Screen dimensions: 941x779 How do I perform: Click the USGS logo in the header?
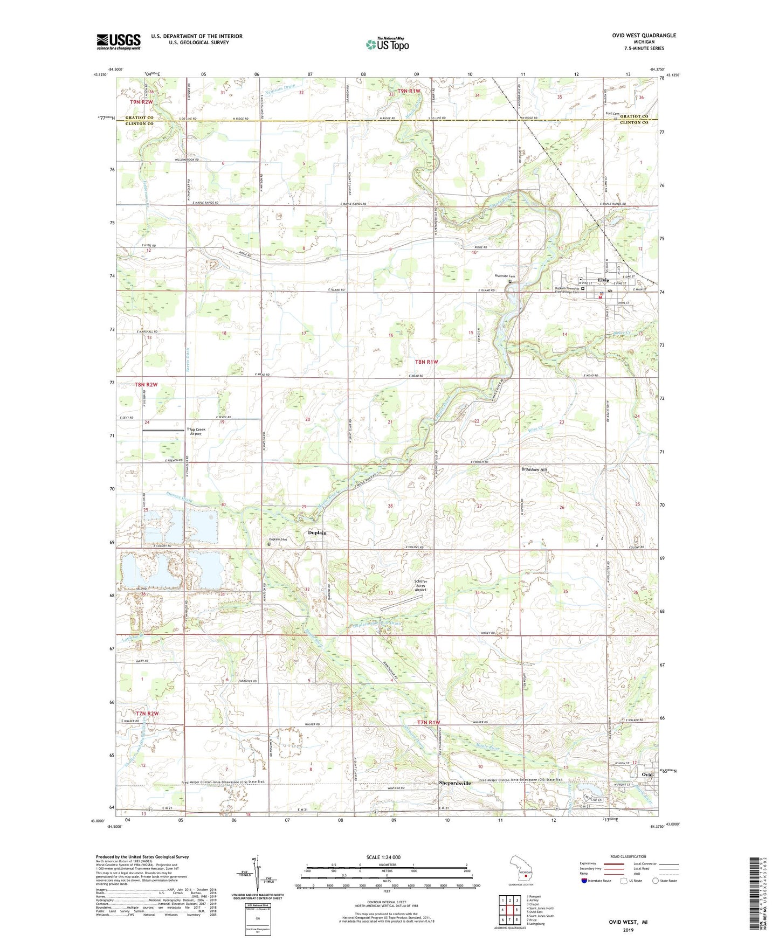(x=119, y=41)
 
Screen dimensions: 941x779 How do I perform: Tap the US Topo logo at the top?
(x=387, y=44)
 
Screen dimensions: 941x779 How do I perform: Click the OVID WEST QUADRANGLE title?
(x=644, y=36)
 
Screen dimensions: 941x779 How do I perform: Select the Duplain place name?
(x=317, y=532)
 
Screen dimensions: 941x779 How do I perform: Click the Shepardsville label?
(x=455, y=783)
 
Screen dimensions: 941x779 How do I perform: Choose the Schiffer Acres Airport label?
(x=420, y=585)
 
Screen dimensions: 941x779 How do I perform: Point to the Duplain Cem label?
(x=278, y=539)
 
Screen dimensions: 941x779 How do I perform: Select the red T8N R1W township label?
(x=426, y=362)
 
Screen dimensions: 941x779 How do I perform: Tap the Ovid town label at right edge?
(x=647, y=774)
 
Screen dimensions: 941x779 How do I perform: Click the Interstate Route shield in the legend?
(x=585, y=881)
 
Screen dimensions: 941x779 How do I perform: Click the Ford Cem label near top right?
(x=612, y=113)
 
